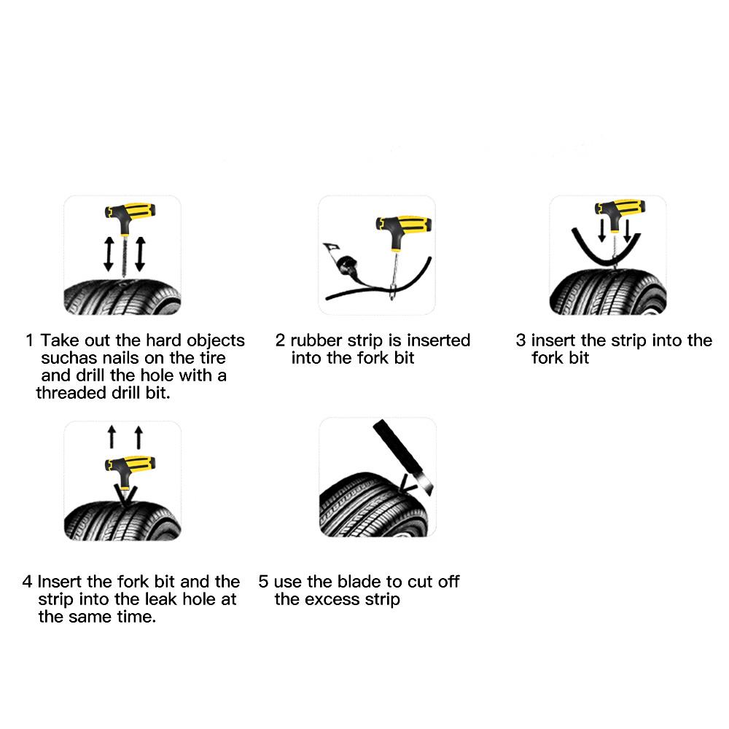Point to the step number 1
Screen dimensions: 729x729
click(30, 340)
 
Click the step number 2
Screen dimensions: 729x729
click(280, 340)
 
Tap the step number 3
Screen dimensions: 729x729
click(521, 340)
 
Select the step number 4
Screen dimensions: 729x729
click(27, 582)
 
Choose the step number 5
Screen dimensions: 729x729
click(263, 582)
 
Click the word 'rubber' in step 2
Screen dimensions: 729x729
click(316, 340)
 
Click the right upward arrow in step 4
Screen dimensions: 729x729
click(139, 438)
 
